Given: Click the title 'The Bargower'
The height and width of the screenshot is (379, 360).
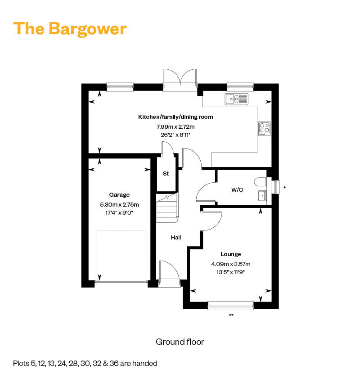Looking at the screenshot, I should (x=70, y=28).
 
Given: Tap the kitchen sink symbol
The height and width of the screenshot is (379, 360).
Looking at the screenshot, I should (x=237, y=99).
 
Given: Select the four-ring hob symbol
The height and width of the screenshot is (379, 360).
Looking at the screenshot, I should (x=264, y=128).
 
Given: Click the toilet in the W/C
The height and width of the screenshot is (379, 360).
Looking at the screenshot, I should (x=261, y=182).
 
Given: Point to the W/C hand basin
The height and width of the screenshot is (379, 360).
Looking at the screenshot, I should (x=261, y=195).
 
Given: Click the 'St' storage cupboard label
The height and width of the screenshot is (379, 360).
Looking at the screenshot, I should (x=166, y=174).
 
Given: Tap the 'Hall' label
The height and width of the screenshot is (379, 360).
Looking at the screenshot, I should (x=175, y=237).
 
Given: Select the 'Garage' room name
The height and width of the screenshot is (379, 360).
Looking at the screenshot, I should (x=119, y=195).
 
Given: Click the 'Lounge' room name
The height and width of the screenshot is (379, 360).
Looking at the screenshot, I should (x=230, y=254).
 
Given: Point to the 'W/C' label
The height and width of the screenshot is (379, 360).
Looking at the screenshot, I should (x=237, y=189).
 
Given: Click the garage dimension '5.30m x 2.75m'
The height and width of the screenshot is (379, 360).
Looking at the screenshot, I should (x=119, y=204).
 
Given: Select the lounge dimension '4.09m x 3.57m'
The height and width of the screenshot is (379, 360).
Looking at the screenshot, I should (x=230, y=264).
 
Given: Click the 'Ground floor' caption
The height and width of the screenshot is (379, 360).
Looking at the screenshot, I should (x=180, y=342).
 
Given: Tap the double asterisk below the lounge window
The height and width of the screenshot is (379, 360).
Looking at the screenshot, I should (x=231, y=316).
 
